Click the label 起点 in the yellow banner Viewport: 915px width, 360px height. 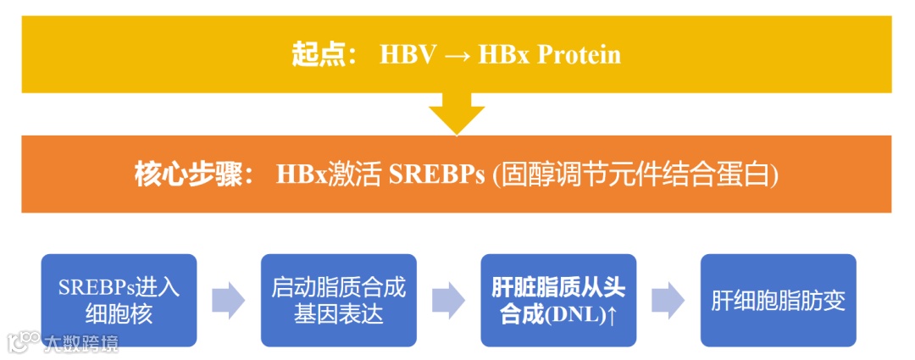(x=318, y=55)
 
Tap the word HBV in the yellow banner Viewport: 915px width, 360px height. (x=408, y=55)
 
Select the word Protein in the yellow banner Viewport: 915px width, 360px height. (x=580, y=55)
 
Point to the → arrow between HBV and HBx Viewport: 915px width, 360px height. (x=457, y=56)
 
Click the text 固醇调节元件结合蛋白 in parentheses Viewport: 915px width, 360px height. (x=635, y=174)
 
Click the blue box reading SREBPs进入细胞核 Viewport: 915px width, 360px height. (x=119, y=300)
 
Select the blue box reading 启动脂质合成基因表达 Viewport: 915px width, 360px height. (x=339, y=300)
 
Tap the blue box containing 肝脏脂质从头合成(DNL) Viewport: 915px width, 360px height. (x=558, y=300)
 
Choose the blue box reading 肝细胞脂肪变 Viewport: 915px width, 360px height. (x=779, y=300)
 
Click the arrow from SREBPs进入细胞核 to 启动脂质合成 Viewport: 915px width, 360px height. (x=228, y=301)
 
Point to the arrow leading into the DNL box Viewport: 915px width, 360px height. (x=448, y=301)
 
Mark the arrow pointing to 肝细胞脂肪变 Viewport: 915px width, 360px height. (x=668, y=301)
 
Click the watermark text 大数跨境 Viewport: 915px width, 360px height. (x=80, y=342)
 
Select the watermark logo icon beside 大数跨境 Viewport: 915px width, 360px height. (x=24, y=341)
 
